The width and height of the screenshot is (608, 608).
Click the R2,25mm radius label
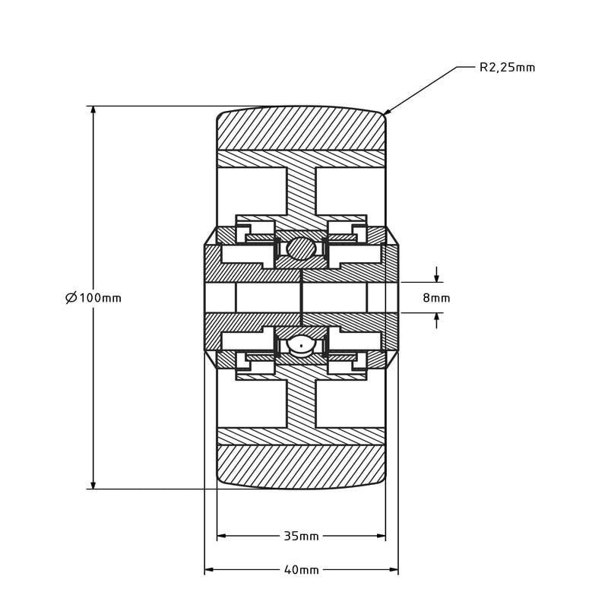click(x=507, y=68)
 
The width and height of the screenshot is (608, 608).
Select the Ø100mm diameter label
click(x=93, y=298)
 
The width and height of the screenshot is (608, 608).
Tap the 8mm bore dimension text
click(x=436, y=298)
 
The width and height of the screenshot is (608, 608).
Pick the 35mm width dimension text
click(x=301, y=537)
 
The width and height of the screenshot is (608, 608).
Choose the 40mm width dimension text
click(x=301, y=570)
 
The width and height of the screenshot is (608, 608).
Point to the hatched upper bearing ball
click(x=301, y=248)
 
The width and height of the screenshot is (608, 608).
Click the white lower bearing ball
click(x=301, y=344)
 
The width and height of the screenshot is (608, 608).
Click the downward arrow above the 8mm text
click(x=436, y=277)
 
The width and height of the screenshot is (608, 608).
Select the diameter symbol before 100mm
click(x=71, y=298)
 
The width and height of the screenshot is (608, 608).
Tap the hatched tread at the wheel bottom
click(x=301, y=465)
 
